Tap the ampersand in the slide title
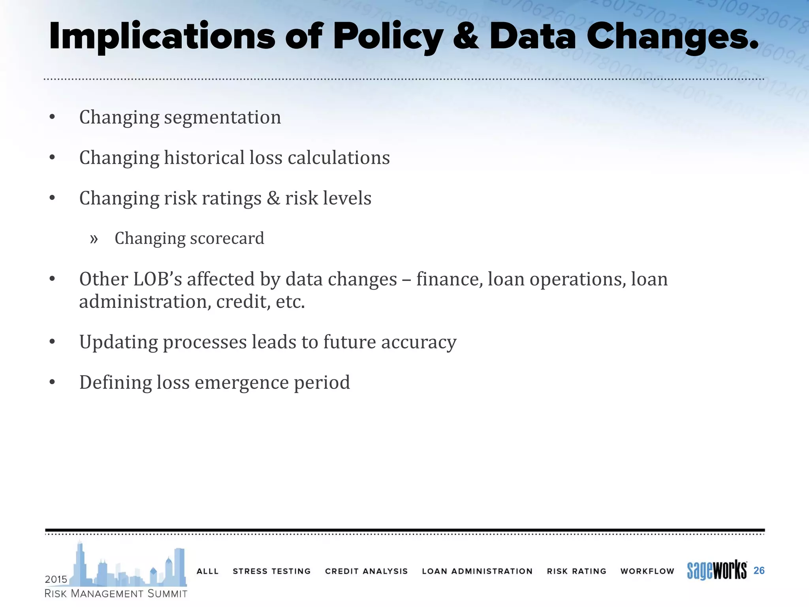(x=466, y=36)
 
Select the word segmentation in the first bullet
(x=222, y=117)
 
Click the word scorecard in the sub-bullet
(x=227, y=238)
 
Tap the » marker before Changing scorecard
(x=94, y=239)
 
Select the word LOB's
(x=158, y=279)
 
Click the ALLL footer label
(x=207, y=571)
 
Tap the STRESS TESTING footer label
(x=272, y=571)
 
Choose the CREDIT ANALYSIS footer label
(x=366, y=571)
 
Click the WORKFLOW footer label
(x=647, y=571)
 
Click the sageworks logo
(x=717, y=570)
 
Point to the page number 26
(x=759, y=570)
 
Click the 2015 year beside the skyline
(x=56, y=579)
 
